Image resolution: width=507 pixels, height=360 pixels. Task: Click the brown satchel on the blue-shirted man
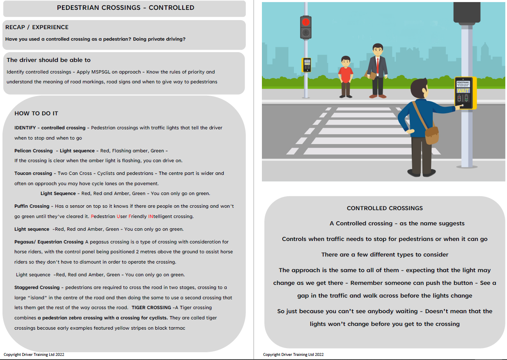(431, 134)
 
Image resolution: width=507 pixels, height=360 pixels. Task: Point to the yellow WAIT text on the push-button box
(463, 91)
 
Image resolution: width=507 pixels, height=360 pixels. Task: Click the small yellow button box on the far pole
(306, 65)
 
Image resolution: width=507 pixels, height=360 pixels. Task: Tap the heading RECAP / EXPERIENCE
(37, 28)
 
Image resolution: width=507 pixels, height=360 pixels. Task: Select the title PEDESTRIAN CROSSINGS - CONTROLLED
(126, 8)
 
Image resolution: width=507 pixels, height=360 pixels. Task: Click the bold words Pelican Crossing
(34, 151)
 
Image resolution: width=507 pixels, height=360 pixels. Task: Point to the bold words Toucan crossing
(33, 173)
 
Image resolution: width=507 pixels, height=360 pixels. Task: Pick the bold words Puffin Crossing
(32, 206)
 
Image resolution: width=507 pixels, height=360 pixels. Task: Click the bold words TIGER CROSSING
(151, 307)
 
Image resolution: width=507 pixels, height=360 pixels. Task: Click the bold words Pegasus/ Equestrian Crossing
(49, 242)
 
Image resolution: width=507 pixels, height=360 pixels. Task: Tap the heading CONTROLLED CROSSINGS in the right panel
(385, 208)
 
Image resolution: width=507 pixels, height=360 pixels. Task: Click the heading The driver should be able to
(48, 60)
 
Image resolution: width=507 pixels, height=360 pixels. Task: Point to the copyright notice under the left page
(34, 354)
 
